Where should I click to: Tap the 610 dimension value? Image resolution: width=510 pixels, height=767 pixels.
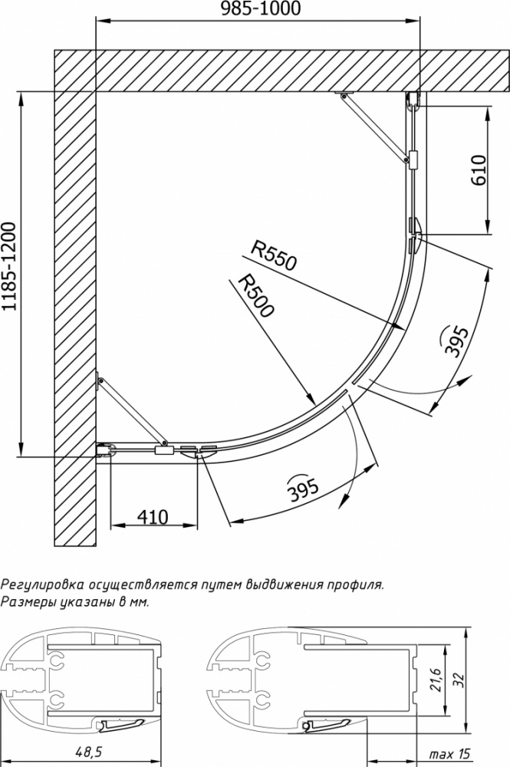[479, 170]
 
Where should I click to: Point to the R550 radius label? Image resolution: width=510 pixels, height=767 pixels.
[273, 255]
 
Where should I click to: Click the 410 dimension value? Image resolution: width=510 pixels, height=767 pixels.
[153, 516]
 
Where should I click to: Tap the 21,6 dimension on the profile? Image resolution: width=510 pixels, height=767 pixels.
[436, 680]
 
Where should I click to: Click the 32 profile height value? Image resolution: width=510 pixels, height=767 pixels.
[458, 680]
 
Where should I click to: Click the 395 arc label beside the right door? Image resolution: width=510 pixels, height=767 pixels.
[455, 341]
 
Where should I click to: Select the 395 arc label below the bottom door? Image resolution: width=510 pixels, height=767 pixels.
[303, 488]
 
